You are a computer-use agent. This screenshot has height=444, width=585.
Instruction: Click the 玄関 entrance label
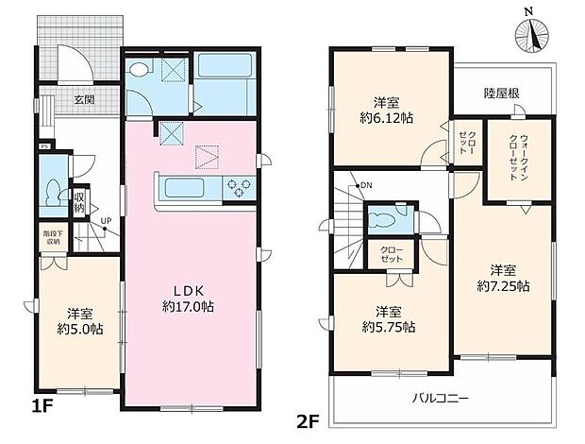pyautogui.click(x=75, y=98)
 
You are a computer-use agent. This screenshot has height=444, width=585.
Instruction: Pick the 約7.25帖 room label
pyautogui.click(x=502, y=277)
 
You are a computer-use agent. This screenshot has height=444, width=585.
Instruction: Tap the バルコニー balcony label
pyautogui.click(x=440, y=398)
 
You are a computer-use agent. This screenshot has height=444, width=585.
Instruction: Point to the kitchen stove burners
pyautogui.click(x=237, y=188)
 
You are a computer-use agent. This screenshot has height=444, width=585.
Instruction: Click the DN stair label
pyautogui.click(x=365, y=185)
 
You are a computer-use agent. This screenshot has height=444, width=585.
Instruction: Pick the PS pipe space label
pyautogui.click(x=44, y=146)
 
